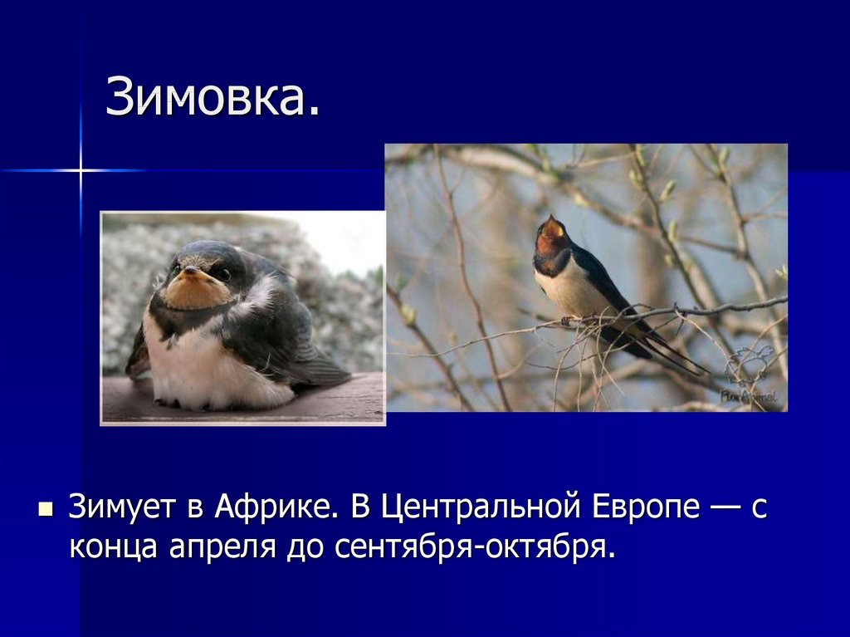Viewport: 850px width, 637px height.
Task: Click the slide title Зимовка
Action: point(212,98)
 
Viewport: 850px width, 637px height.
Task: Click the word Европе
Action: point(647,507)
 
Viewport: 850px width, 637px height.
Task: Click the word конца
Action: point(115,547)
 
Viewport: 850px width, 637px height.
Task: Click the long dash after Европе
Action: point(726,507)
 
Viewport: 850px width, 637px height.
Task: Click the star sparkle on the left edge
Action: point(81,170)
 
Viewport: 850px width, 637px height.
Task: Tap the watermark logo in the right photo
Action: point(750,378)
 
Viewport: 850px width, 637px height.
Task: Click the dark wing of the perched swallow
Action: point(602,282)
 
